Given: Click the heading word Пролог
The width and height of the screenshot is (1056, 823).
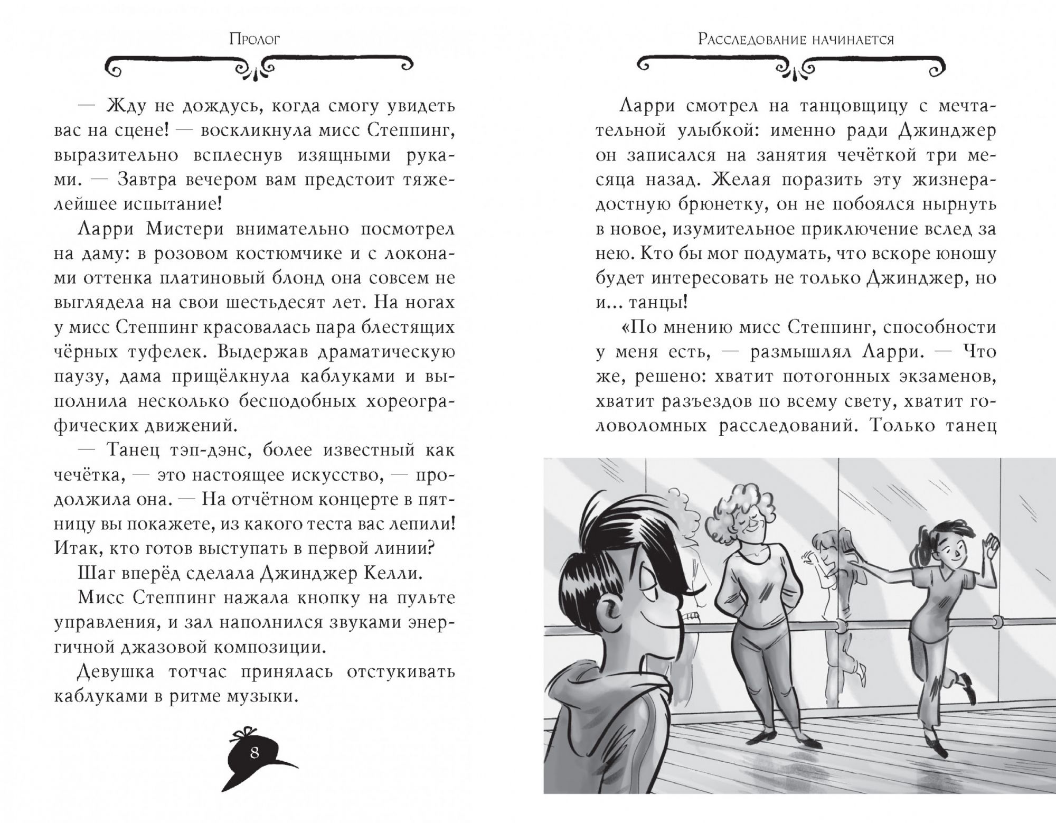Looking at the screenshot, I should (x=254, y=39).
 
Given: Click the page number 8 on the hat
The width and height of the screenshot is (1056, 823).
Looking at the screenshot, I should (x=254, y=767).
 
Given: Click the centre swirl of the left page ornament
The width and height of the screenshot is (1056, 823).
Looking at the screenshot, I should (x=255, y=68).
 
